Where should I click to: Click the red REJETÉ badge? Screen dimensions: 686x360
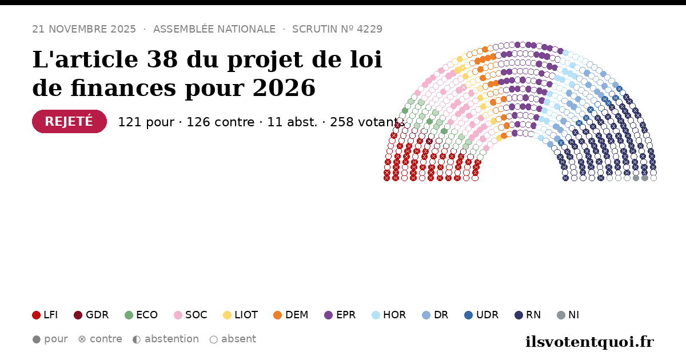click(70, 121)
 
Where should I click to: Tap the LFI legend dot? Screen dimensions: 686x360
click(36, 315)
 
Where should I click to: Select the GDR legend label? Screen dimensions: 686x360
click(97, 315)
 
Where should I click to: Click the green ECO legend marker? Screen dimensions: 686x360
click(129, 315)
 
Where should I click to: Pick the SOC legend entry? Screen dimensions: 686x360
click(190, 315)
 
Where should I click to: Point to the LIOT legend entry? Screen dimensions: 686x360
click(241, 315)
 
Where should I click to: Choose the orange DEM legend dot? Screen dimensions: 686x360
click(277, 315)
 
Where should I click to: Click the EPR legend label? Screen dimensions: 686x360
click(346, 315)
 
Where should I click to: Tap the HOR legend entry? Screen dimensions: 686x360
click(389, 315)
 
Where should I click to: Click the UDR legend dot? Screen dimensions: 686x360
click(469, 315)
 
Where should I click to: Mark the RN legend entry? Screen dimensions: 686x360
click(528, 315)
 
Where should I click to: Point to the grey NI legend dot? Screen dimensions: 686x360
click(561, 315)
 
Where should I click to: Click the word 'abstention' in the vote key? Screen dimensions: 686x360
click(171, 339)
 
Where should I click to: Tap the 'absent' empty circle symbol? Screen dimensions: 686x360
click(214, 339)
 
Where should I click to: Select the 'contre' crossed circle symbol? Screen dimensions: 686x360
click(82, 339)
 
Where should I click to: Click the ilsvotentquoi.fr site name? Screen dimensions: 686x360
click(589, 342)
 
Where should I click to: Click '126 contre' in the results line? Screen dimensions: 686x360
click(221, 122)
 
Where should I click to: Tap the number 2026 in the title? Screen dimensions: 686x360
click(284, 88)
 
